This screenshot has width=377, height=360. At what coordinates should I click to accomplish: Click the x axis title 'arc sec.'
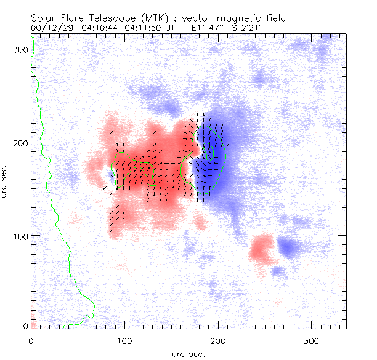188,354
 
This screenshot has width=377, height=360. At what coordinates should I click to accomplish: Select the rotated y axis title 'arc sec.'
5,182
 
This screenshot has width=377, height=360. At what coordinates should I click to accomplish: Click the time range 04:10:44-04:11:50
118,28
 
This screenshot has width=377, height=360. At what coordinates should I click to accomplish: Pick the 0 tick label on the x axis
31,340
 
